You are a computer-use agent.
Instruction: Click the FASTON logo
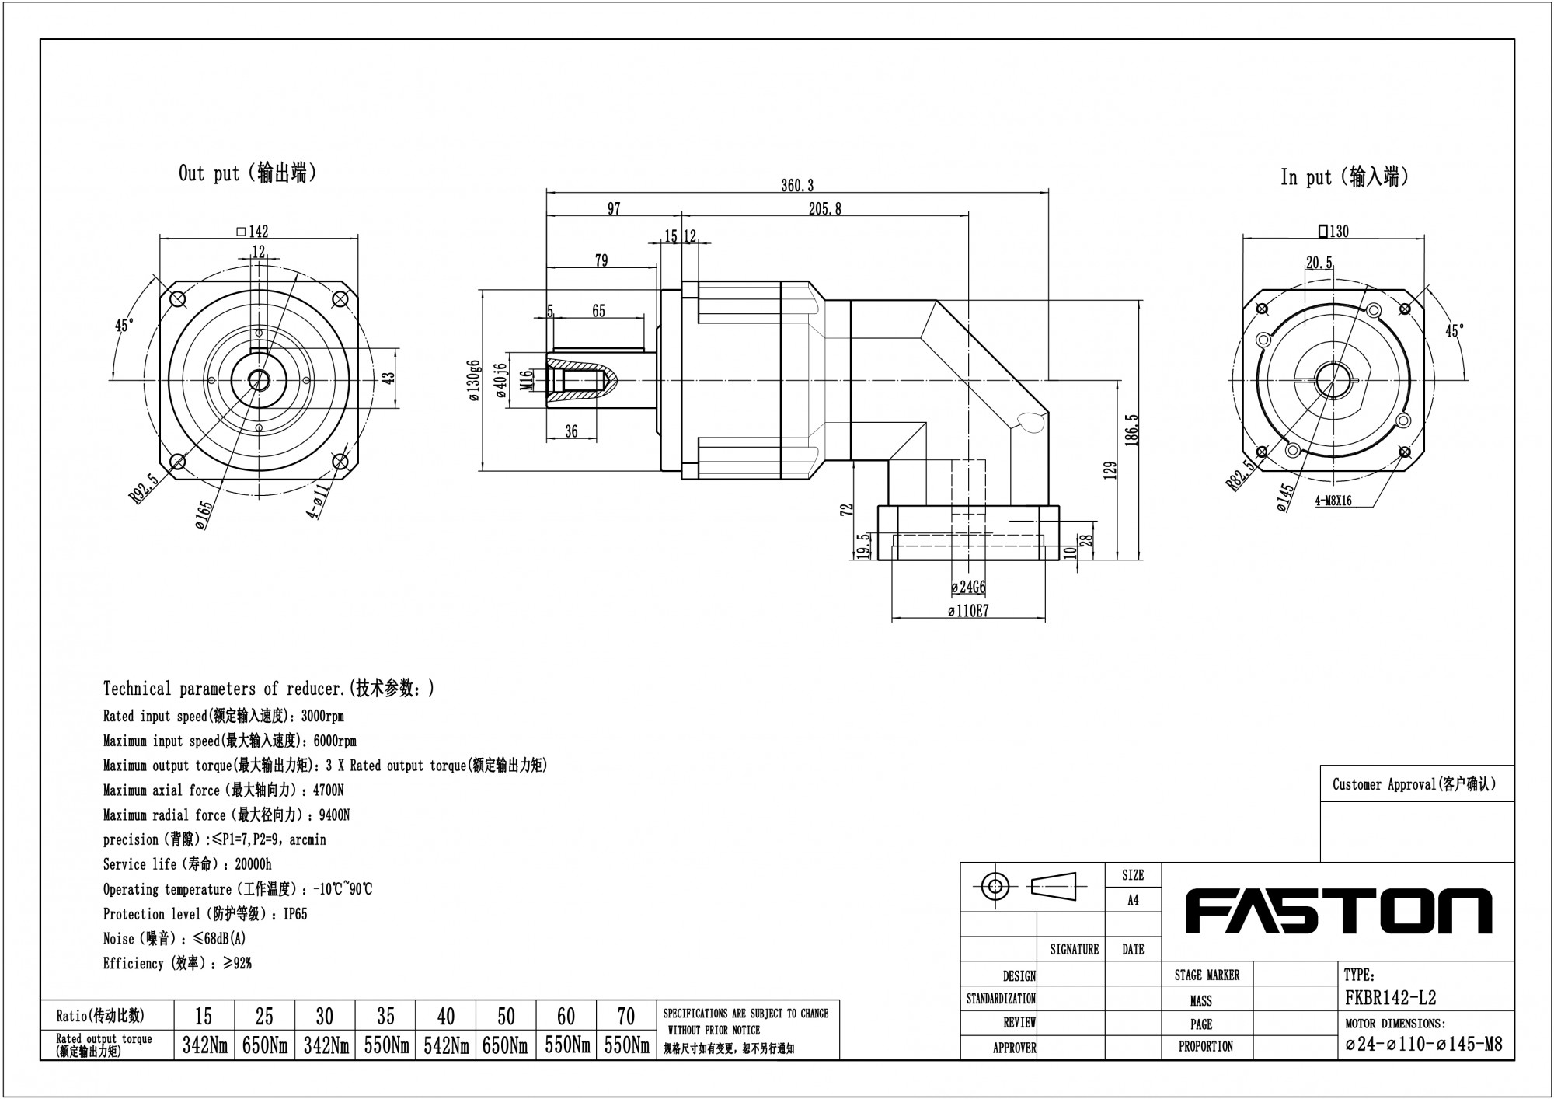pos(1338,911)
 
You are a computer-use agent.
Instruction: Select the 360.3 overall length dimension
pos(797,185)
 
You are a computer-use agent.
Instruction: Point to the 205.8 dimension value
pos(824,208)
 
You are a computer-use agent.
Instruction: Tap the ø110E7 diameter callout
pos(968,611)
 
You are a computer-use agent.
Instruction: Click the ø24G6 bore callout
pos(968,588)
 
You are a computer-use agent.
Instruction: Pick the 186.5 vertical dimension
pos(1131,429)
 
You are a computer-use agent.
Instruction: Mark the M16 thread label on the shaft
pos(527,380)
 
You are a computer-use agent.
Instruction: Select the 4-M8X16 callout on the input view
pos(1333,501)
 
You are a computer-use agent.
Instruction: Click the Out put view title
pos(248,173)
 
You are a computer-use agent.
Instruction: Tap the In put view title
pos(1345,177)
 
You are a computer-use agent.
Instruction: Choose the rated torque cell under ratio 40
pos(446,1046)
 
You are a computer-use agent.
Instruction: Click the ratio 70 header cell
pos(626,1016)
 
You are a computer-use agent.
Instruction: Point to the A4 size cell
pos(1133,900)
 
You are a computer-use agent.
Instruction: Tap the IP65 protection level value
pos(295,914)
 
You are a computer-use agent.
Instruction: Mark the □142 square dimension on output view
pos(252,231)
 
